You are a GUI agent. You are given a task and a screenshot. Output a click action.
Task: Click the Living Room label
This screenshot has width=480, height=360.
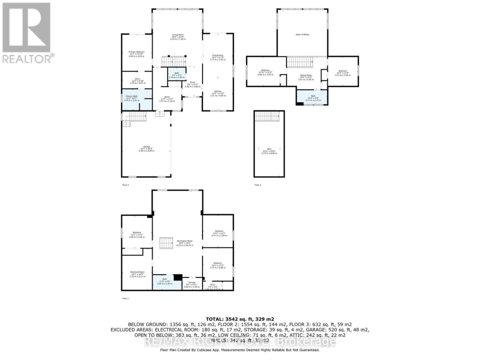pyautogui.click(x=178, y=36)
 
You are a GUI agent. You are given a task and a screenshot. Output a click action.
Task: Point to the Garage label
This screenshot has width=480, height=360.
pyautogui.click(x=146, y=149)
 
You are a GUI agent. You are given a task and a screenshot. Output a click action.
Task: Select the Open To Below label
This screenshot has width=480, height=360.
pyautogui.click(x=303, y=34)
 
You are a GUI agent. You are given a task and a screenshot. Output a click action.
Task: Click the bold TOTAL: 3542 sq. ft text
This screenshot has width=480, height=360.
pyautogui.click(x=240, y=319)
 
